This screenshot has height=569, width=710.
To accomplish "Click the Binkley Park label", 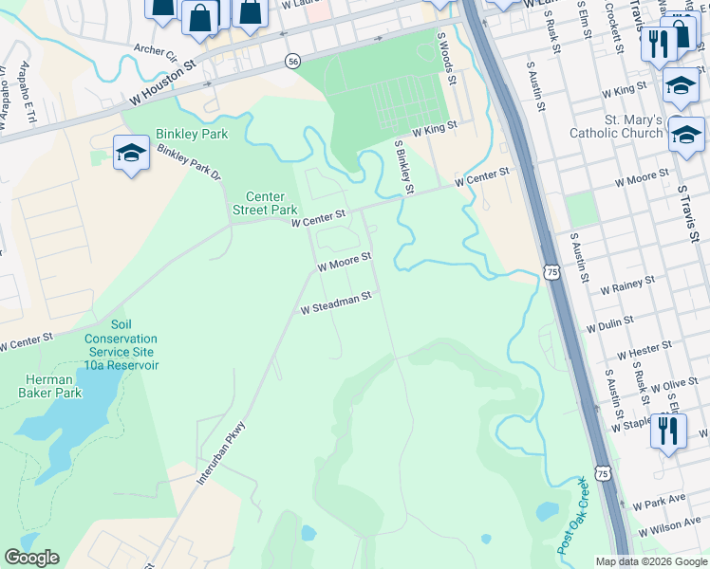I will point(194,135).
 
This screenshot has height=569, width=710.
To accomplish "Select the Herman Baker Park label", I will point(53,386).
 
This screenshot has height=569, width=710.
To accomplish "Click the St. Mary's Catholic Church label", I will point(616,126).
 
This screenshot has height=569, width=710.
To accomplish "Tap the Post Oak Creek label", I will point(573,518).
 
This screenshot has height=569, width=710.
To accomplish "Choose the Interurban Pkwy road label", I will point(220,454).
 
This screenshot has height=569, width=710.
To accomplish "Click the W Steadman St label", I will point(334,303).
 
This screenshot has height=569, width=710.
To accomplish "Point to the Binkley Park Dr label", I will point(189,163).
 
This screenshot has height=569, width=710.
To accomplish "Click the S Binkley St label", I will point(403,167).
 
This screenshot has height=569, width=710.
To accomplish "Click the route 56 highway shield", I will point(293,61).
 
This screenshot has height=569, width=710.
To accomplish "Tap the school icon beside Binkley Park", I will point(131,153).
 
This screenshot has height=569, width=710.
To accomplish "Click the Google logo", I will point(31,558).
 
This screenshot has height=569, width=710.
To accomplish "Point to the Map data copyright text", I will point(651,561).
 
